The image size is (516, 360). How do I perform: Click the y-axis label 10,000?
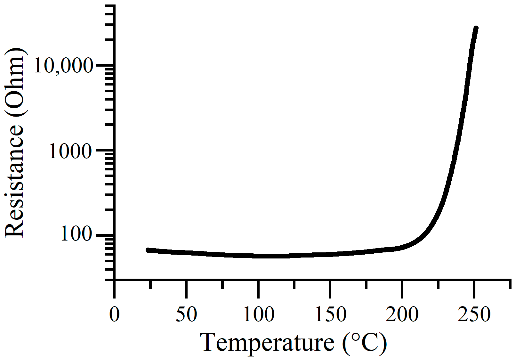63,66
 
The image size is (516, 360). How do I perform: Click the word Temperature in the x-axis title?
267,343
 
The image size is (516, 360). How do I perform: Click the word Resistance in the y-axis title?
14,181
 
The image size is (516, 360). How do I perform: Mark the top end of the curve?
476,29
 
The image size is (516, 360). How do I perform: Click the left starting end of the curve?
148,250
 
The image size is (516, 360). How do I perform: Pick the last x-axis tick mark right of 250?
510,284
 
